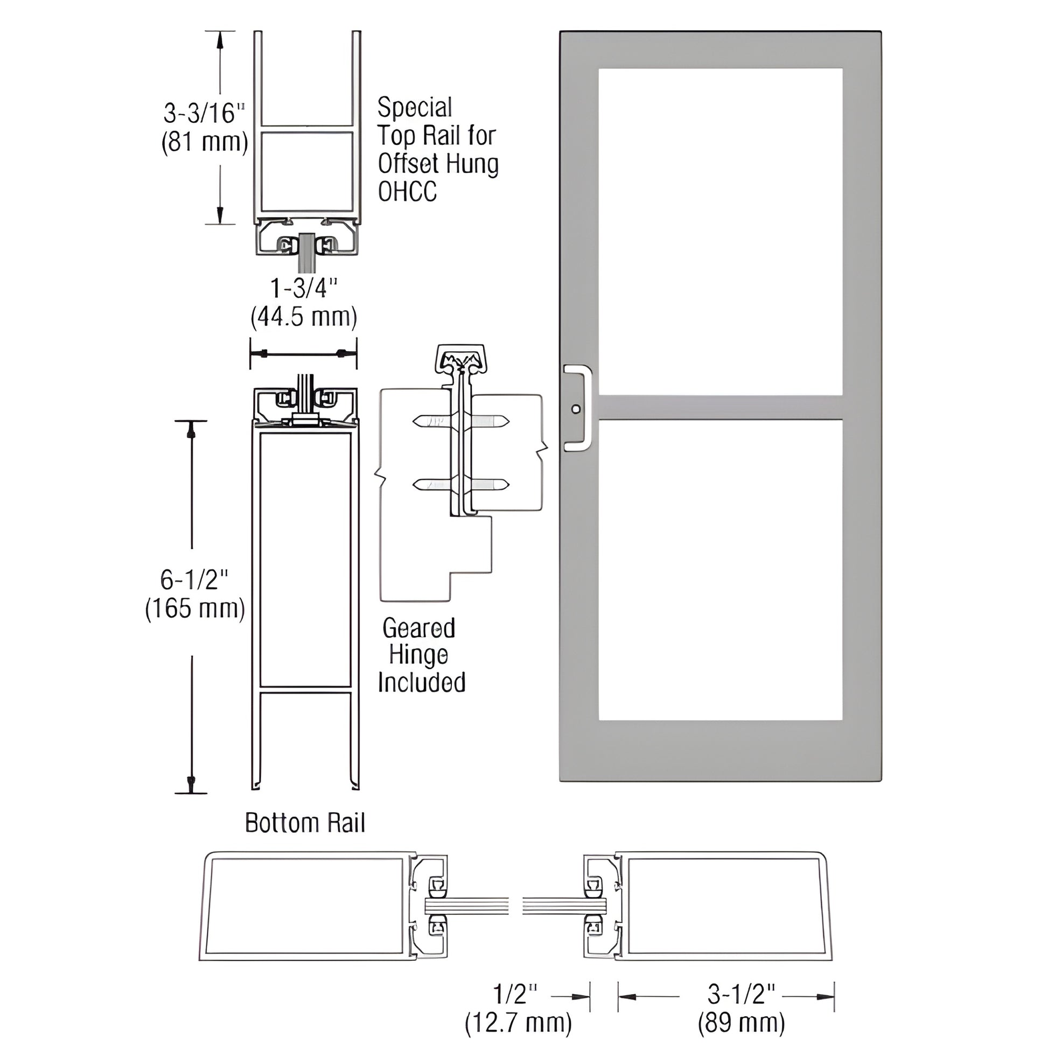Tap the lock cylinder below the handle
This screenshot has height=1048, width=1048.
pyautogui.click(x=576, y=409)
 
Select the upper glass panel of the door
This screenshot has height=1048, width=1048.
pyautogui.click(x=721, y=232)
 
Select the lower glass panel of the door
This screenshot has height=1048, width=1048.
pyautogui.click(x=721, y=570)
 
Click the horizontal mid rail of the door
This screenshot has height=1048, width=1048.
pyautogui.click(x=721, y=407)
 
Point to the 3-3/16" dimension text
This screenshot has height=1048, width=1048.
pyautogui.click(x=204, y=114)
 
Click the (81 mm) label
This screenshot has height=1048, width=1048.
pyautogui.click(x=205, y=142)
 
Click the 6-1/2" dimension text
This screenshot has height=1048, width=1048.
pyautogui.click(x=194, y=580)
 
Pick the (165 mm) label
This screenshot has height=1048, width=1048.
pyautogui.click(x=195, y=608)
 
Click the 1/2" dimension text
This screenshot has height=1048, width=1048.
pyautogui.click(x=515, y=995)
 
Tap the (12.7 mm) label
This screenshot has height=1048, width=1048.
pyautogui.click(x=518, y=1023)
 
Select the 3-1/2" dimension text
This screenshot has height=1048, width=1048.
pyautogui.click(x=741, y=995)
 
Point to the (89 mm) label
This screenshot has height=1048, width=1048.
pyautogui.click(x=741, y=1023)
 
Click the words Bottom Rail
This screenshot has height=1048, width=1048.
pyautogui.click(x=305, y=823)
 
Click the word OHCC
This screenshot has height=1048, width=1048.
pyautogui.click(x=407, y=192)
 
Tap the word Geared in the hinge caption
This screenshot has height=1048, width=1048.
pyautogui.click(x=418, y=628)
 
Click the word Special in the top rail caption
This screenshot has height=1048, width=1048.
pyautogui.click(x=415, y=107)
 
